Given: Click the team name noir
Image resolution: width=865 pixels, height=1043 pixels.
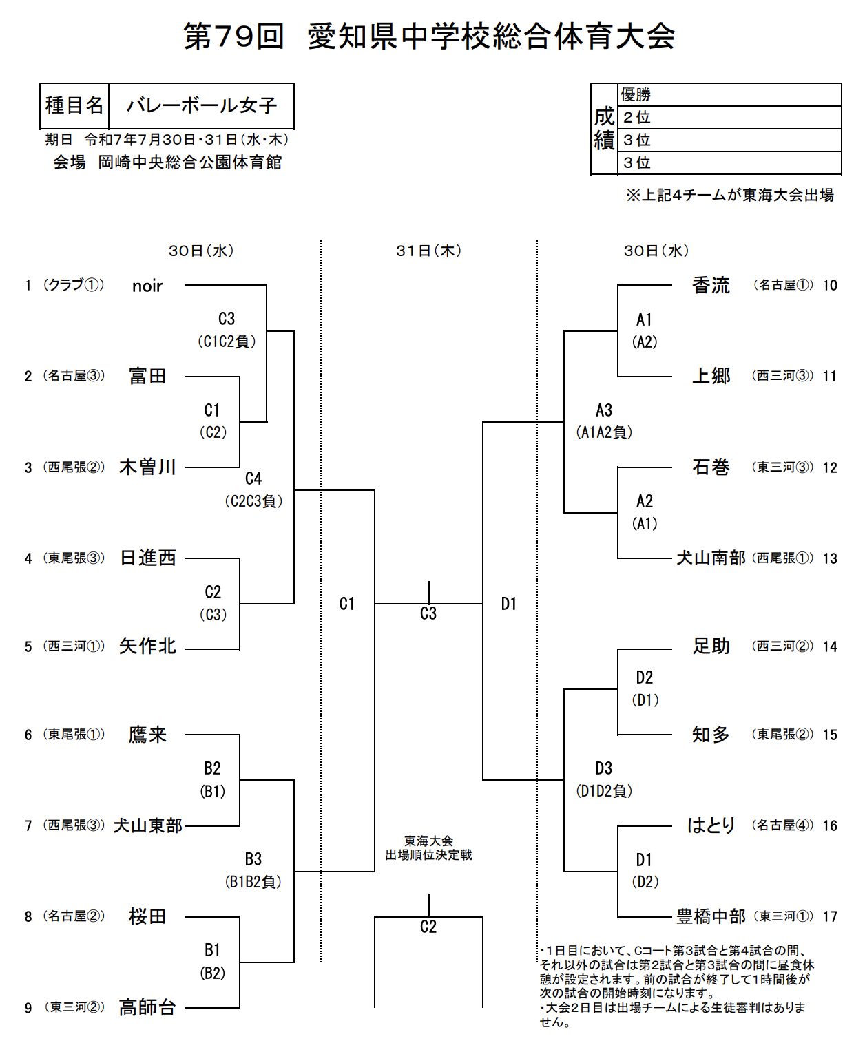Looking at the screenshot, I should click(147, 286).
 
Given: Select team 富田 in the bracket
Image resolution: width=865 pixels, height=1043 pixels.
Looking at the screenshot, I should click(147, 376).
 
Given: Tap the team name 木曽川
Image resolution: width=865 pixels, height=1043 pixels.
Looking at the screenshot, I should click(147, 467).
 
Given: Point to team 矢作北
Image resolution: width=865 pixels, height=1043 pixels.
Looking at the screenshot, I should click(147, 646).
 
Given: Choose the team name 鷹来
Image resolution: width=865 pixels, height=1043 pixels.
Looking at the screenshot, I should click(147, 735).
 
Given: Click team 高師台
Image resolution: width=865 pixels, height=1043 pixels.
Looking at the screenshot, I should click(147, 1007).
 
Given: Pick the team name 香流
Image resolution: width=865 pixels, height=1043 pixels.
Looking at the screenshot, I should click(711, 285).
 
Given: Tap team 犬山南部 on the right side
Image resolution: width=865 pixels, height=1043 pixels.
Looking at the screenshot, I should click(711, 558).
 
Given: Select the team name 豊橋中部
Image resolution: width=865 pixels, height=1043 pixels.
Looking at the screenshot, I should click(711, 916).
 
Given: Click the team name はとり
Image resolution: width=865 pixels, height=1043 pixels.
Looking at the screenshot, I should click(711, 825).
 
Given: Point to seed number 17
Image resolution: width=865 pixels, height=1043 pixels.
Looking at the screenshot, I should click(830, 916).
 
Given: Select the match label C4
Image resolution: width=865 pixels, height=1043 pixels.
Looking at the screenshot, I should click(253, 478).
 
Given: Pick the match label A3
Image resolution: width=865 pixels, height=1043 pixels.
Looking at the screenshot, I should click(604, 410).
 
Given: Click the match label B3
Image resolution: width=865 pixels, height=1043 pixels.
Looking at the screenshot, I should click(253, 859).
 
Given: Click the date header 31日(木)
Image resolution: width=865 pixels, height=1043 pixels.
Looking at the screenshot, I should click(428, 251).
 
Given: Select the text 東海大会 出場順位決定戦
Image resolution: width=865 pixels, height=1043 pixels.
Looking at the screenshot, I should click(428, 848).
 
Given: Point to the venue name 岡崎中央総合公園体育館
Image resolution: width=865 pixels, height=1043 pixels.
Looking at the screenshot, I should click(189, 162).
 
